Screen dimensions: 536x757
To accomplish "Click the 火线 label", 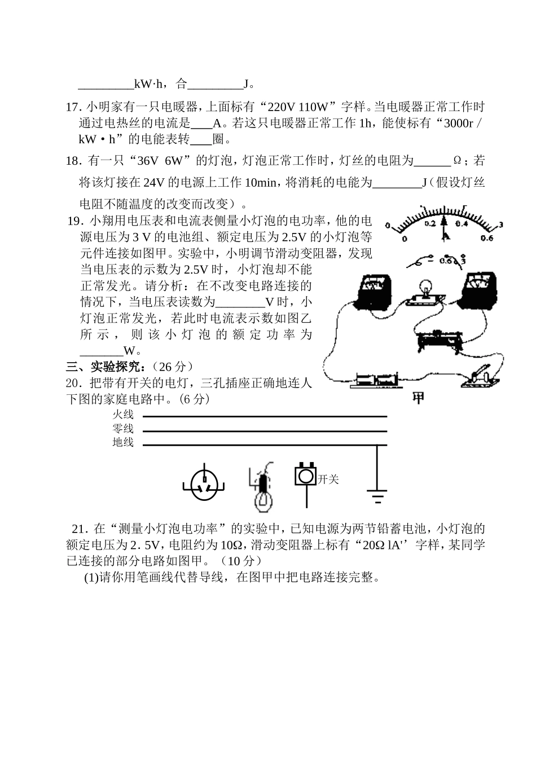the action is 123,415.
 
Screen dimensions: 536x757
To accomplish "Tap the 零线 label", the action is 123,429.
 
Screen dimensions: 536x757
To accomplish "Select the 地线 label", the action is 123,443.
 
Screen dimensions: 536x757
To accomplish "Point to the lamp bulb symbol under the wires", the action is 262,487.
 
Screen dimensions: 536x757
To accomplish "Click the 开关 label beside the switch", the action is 328,479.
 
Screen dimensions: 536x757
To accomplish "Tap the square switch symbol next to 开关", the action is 305,476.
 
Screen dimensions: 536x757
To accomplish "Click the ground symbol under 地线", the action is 377,496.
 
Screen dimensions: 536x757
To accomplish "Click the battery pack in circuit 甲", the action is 375,380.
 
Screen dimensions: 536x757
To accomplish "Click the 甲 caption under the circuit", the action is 418,398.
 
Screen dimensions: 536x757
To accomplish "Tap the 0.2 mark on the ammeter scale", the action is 430,224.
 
